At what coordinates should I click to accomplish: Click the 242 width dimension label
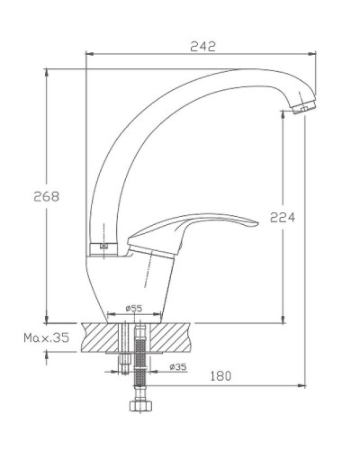pyautogui.click(x=203, y=47)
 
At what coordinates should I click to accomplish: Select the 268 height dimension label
pyautogui.click(x=46, y=196)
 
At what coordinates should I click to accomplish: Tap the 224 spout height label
pyautogui.click(x=283, y=217)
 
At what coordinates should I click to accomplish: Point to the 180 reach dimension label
pyautogui.click(x=220, y=376)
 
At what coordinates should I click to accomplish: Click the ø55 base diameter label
pyautogui.click(x=134, y=308)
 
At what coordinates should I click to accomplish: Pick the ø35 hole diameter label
pyautogui.click(x=178, y=366)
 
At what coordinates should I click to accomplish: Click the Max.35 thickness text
pyautogui.click(x=47, y=337)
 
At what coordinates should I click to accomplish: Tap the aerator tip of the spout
pyautogui.click(x=303, y=108)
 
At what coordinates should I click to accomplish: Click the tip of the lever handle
pyautogui.click(x=256, y=223)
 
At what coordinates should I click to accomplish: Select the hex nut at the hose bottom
pyautogui.click(x=140, y=406)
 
